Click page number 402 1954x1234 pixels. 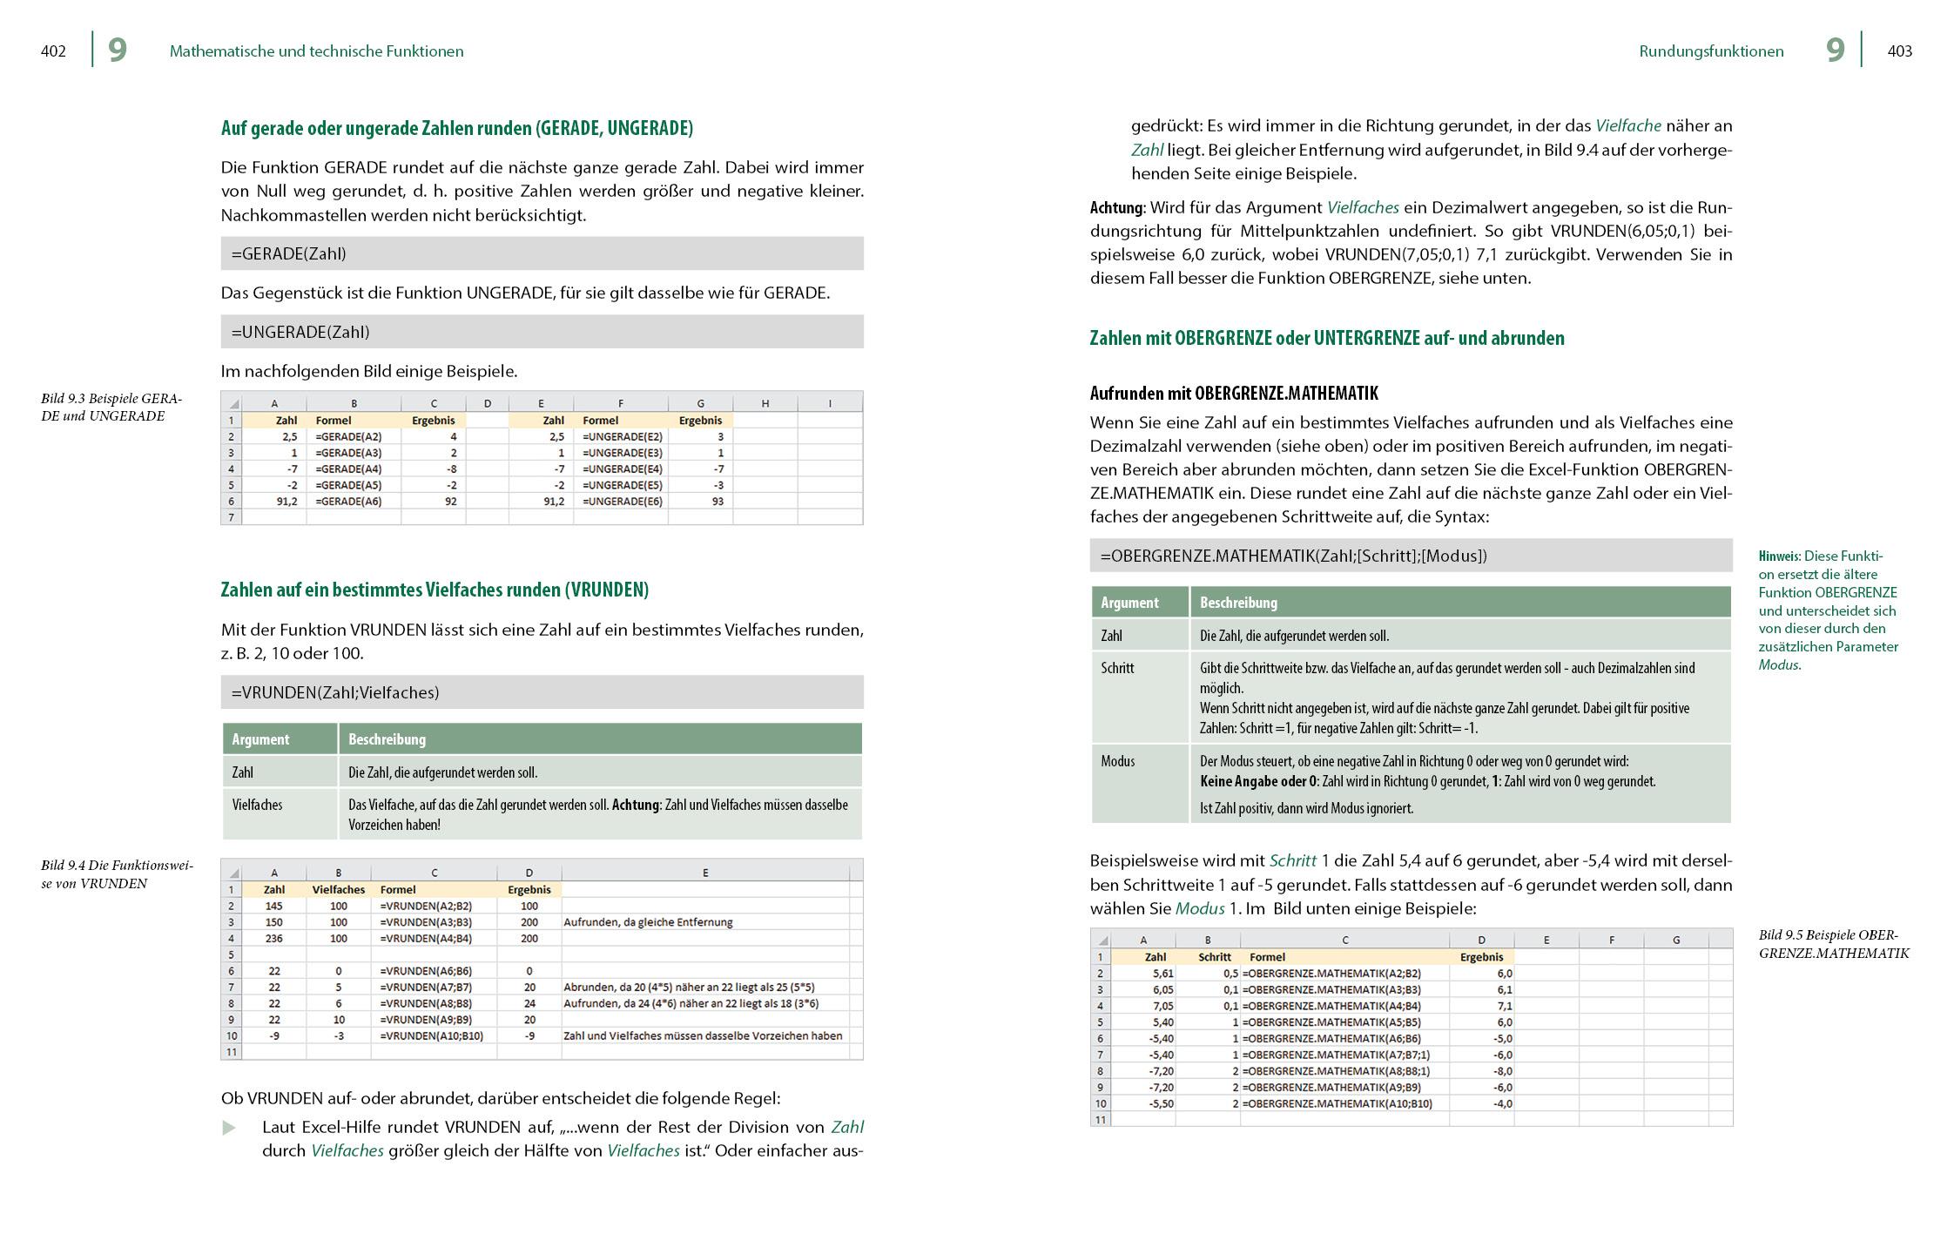tap(53, 51)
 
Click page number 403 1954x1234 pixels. tap(1899, 51)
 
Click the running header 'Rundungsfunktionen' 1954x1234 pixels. tap(1711, 51)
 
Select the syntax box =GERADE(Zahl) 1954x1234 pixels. tap(542, 253)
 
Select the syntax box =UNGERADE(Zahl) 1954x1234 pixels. tap(542, 332)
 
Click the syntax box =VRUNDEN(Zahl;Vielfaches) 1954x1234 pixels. tap(542, 692)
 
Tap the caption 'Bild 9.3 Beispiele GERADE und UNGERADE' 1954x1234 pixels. tap(111, 408)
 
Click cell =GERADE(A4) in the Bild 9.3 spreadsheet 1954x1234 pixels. tap(348, 469)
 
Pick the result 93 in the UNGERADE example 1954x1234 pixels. tap(717, 502)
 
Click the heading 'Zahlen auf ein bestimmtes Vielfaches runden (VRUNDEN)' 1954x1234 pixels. tap(435, 590)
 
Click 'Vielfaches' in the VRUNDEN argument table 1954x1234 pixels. tap(257, 805)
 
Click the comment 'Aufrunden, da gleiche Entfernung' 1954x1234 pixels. tap(648, 922)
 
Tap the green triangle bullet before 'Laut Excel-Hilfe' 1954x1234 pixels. tap(229, 1129)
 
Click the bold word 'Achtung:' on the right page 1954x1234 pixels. tap(1117, 208)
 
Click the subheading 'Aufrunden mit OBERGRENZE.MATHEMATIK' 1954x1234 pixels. tap(1234, 394)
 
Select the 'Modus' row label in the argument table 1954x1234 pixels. tap(1117, 761)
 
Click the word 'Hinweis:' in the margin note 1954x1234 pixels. tap(1779, 556)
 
